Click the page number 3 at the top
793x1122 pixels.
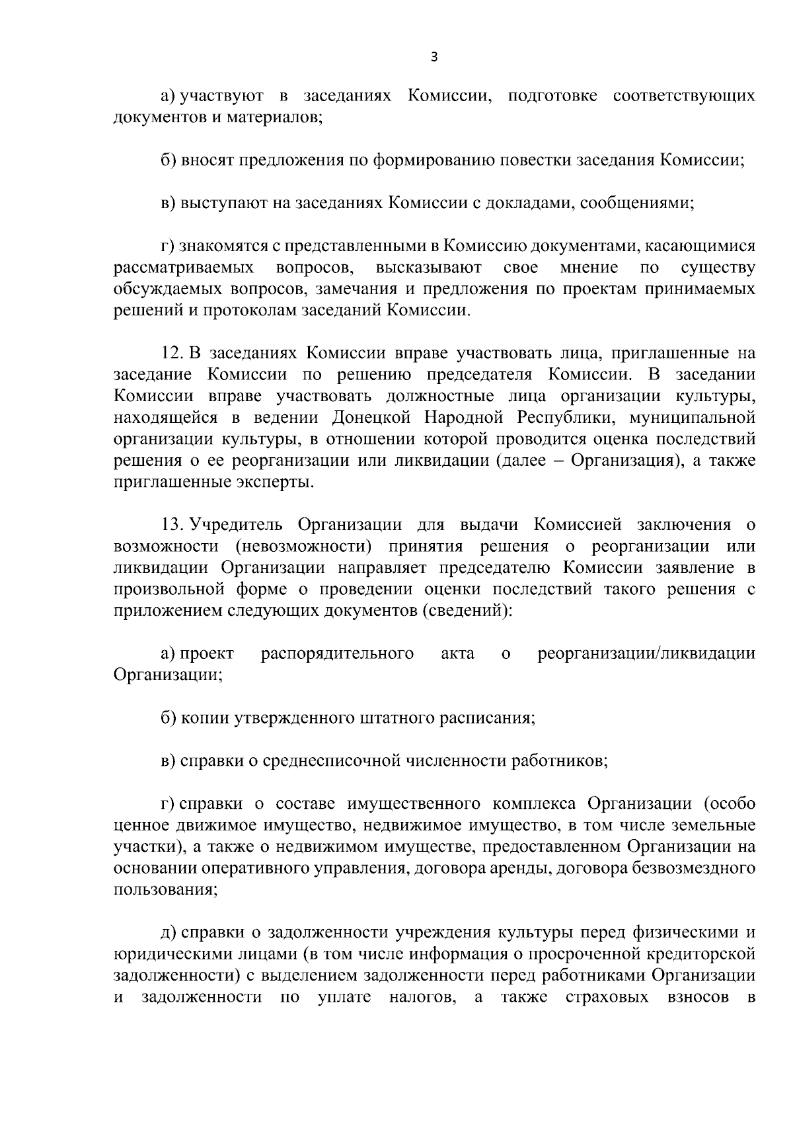coord(434,57)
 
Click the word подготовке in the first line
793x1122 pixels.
coord(552,96)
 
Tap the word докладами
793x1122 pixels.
coord(520,204)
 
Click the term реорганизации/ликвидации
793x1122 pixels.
coord(646,654)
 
